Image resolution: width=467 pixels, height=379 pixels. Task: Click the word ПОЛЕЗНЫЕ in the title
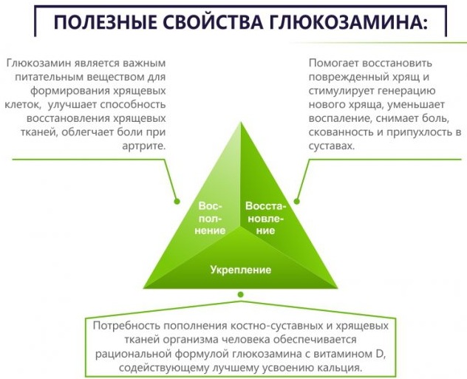click(105, 22)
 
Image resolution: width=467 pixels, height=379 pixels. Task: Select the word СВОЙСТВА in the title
click(214, 22)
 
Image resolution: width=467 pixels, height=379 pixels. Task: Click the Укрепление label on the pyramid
click(241, 270)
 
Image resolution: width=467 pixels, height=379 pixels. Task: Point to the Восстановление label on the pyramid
click(265, 218)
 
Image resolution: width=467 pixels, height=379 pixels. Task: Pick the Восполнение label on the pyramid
click(210, 218)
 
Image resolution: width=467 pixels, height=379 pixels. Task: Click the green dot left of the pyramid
click(177, 201)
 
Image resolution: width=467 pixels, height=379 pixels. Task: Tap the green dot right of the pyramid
click(296, 201)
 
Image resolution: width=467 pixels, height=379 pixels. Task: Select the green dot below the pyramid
click(241, 295)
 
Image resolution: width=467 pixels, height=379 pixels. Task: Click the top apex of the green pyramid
click(241, 122)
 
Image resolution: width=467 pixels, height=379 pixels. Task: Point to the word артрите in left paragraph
click(143, 146)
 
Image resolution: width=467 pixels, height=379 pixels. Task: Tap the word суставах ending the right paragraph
click(332, 146)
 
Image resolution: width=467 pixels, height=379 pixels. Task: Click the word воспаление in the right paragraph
click(339, 118)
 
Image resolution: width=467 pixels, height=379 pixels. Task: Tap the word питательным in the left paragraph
click(50, 77)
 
